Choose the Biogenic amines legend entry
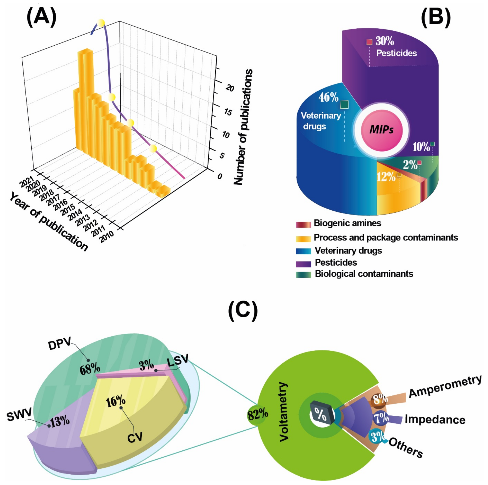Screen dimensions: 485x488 [347, 223]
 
